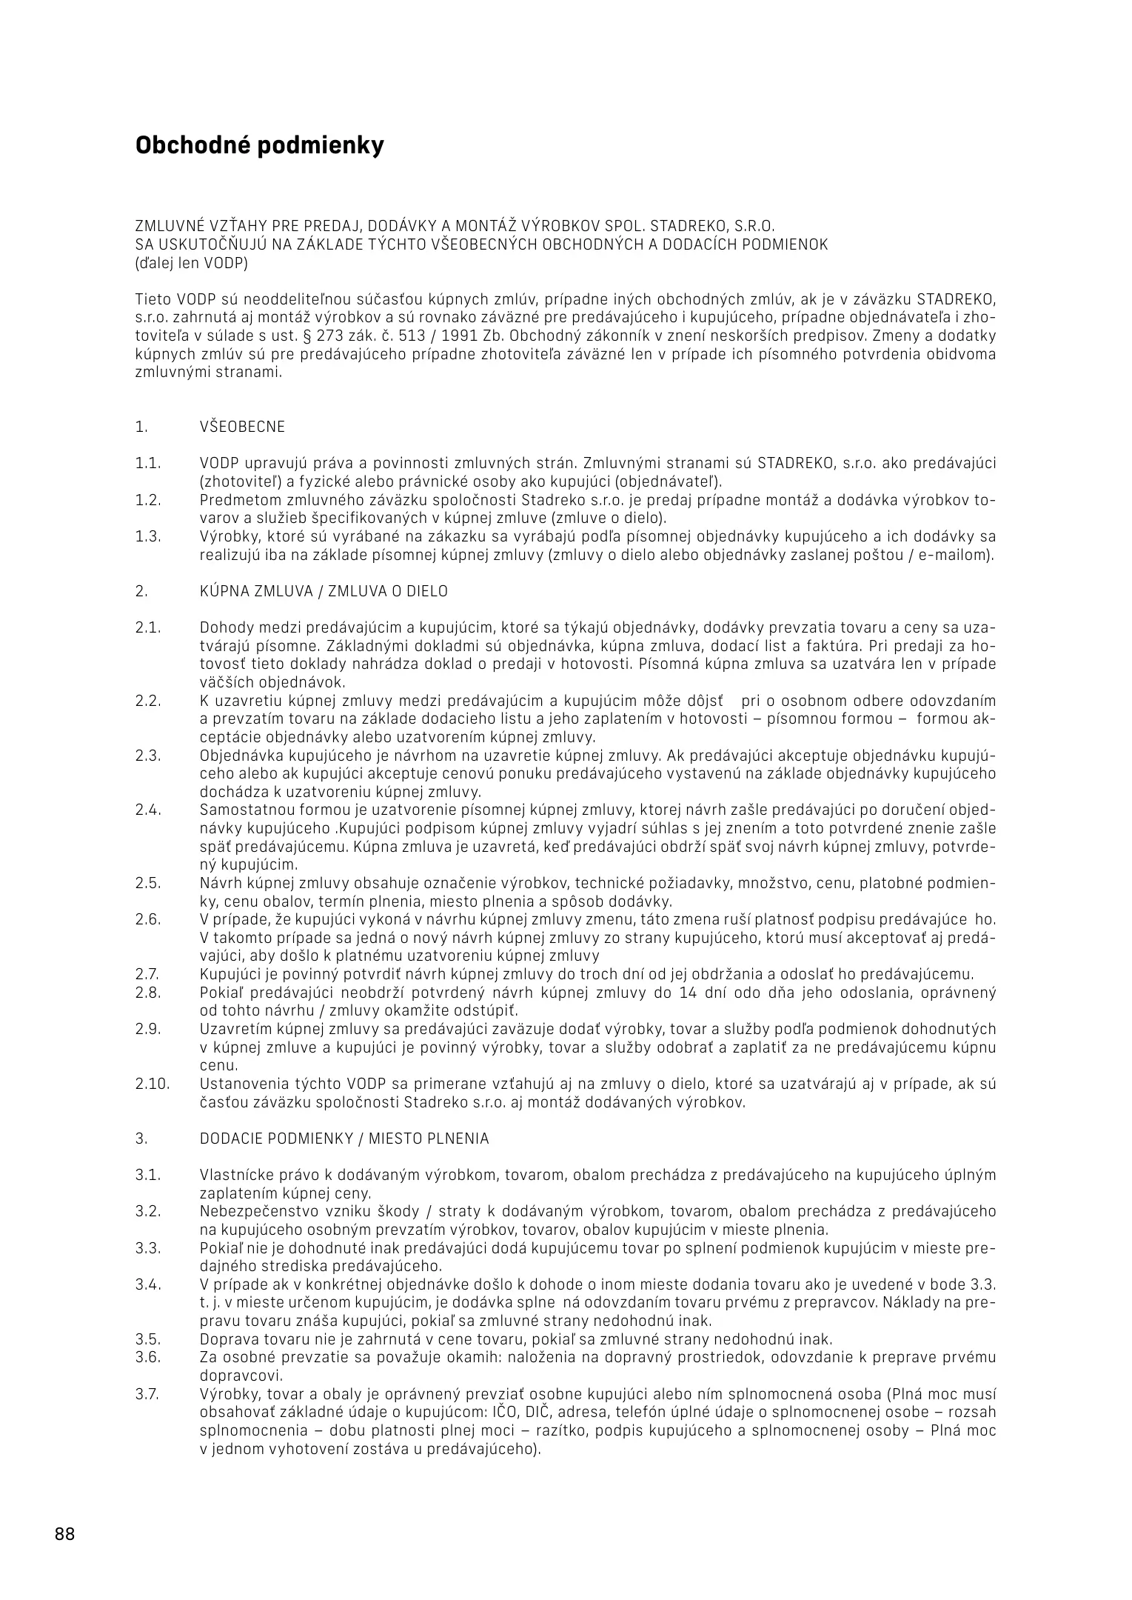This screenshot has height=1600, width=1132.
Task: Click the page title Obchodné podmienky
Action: [x=260, y=145]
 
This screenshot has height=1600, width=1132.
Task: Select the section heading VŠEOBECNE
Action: [x=242, y=427]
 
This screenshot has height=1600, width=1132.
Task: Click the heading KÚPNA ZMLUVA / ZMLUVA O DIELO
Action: [x=324, y=591]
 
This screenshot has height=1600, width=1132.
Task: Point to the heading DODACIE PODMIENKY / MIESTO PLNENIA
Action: [x=344, y=1139]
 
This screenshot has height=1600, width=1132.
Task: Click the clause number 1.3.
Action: [x=148, y=536]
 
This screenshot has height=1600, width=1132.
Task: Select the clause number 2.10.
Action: [x=153, y=1084]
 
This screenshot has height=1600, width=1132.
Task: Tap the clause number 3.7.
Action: [x=147, y=1393]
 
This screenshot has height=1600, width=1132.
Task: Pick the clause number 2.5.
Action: [x=148, y=883]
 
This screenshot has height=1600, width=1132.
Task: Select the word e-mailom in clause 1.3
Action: [x=959, y=555]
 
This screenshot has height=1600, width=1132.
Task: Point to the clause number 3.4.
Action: [x=148, y=1284]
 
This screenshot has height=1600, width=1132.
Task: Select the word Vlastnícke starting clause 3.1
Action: [x=237, y=1175]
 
